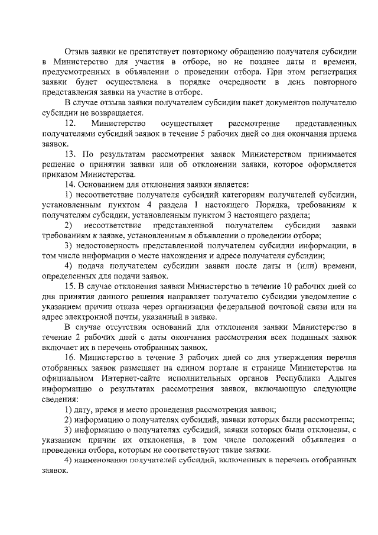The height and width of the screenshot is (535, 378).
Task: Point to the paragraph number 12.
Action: tap(70, 124)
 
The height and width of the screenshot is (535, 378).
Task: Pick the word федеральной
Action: tap(249, 306)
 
